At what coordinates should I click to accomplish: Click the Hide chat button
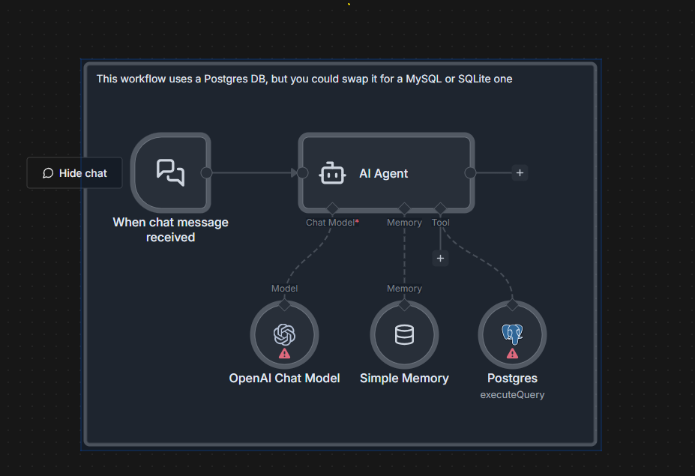click(74, 173)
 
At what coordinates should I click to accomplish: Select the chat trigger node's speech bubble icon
click(170, 172)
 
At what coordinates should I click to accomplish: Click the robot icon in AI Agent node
click(332, 173)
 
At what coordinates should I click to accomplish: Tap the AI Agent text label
click(383, 173)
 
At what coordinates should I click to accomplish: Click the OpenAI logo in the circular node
click(284, 332)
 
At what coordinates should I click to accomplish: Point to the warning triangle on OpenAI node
click(284, 353)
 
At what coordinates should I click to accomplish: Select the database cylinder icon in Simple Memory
click(404, 334)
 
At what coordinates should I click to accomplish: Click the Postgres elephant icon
click(512, 334)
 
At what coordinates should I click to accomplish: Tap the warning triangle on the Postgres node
click(512, 353)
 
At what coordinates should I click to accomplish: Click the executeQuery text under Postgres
click(512, 394)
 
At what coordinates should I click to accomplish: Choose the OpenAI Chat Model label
click(284, 379)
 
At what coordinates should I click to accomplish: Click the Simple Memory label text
click(404, 379)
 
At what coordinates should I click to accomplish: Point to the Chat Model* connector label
click(332, 223)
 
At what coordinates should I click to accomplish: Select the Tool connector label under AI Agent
click(441, 223)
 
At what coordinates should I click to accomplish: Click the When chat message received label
click(170, 229)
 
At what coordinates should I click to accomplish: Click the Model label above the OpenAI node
click(284, 289)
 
